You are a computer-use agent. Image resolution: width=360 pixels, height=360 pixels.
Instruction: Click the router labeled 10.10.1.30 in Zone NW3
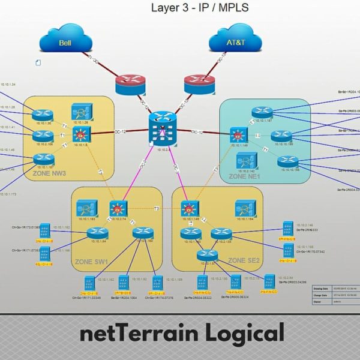(43, 115)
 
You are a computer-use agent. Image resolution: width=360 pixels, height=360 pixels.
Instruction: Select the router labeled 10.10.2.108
(44, 136)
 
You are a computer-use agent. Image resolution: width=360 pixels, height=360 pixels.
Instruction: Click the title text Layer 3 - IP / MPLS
(200, 8)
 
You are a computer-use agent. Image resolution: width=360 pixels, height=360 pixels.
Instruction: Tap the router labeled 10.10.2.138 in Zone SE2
(221, 233)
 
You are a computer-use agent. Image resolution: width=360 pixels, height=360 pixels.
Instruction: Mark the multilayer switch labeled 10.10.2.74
(118, 208)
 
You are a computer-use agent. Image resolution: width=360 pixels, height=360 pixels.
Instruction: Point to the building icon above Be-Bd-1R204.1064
(125, 281)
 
